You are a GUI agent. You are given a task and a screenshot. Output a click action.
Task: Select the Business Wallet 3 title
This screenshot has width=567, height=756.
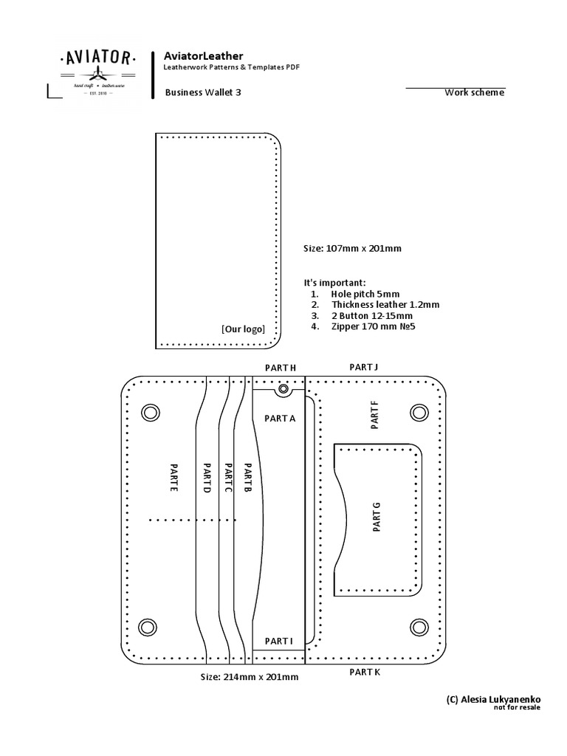[202, 93]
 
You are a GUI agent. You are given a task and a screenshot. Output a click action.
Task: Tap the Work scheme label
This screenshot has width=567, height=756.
[474, 92]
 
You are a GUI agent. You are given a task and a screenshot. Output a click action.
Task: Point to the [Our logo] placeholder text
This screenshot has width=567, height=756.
[243, 329]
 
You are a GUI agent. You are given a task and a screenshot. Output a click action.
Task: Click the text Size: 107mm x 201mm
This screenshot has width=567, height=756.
[352, 249]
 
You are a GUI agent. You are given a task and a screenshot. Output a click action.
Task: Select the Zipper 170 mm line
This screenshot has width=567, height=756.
[374, 326]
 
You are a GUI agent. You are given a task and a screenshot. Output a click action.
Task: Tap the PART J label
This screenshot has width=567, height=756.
[363, 366]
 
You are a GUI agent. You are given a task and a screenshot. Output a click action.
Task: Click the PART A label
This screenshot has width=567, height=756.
[279, 418]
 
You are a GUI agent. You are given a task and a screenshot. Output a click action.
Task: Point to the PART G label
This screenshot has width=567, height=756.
[376, 517]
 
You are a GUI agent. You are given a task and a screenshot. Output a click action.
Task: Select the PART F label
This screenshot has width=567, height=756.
[374, 415]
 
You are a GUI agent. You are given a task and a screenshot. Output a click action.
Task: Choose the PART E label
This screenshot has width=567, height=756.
[173, 478]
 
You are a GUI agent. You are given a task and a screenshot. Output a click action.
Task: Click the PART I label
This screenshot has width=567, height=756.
[279, 641]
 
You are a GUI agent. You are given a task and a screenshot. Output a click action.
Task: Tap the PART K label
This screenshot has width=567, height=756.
[365, 673]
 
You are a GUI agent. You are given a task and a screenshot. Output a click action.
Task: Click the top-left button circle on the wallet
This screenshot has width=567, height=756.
[150, 411]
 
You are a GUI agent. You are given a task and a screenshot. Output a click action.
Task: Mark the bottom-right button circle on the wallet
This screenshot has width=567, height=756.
[419, 627]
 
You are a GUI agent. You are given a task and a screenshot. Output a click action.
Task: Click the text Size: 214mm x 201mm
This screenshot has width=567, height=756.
[250, 676]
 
